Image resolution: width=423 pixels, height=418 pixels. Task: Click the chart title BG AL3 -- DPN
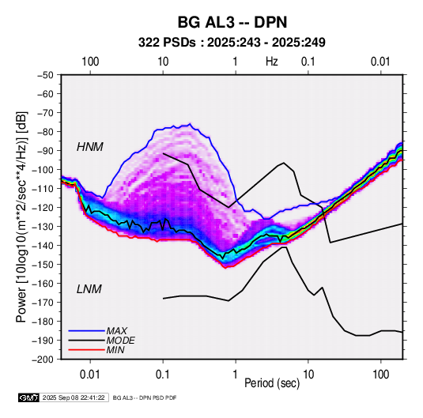[x=232, y=22]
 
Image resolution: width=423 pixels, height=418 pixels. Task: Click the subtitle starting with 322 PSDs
[x=232, y=43]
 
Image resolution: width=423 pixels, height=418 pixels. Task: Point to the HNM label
[x=90, y=147]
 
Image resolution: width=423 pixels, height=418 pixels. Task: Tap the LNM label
[x=89, y=289]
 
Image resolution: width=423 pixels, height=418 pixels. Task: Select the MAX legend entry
[x=116, y=331]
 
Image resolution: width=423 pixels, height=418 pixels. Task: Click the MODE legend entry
[x=121, y=341]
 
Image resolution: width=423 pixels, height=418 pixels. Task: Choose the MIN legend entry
[x=115, y=350]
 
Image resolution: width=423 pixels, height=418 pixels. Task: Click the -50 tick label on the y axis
[x=45, y=75]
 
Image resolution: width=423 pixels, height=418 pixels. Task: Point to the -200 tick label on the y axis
[x=43, y=360]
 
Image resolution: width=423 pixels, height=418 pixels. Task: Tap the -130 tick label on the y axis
[x=43, y=226]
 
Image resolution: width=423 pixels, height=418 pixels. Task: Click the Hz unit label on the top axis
[x=272, y=62]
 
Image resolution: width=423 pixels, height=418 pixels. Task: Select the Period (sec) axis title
[x=272, y=383]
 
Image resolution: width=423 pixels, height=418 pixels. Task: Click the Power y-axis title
[x=21, y=217]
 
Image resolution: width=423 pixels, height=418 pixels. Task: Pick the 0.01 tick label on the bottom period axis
[x=90, y=375]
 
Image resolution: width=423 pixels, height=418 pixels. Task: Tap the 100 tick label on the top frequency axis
[x=90, y=62]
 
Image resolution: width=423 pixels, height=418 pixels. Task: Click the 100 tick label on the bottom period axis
[x=380, y=375]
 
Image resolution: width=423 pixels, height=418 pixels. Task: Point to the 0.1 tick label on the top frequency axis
[x=308, y=62]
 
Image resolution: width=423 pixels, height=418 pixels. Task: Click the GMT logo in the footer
[x=28, y=397]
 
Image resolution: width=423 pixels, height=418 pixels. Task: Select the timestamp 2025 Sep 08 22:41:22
[x=74, y=397]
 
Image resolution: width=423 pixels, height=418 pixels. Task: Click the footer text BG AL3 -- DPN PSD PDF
[x=145, y=397]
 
